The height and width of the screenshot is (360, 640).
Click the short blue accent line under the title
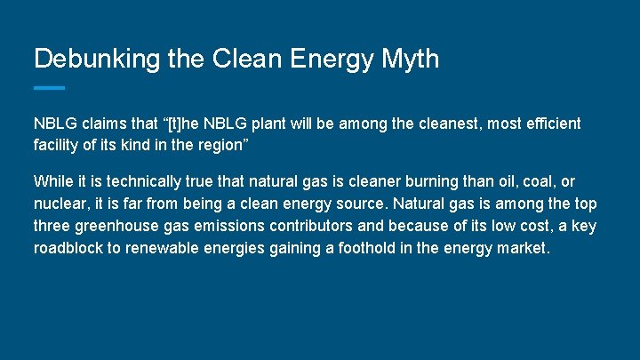[x=49, y=87]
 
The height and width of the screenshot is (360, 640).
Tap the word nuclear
[x=60, y=204]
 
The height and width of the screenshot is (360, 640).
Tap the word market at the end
[x=523, y=248]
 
